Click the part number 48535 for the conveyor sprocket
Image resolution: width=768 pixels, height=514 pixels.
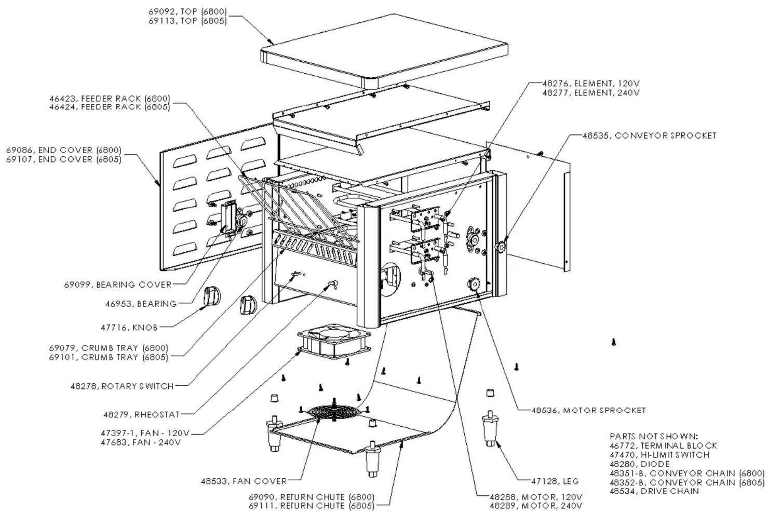point(596,136)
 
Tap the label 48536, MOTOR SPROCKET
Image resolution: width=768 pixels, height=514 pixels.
point(588,411)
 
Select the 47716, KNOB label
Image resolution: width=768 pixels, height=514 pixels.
point(129,328)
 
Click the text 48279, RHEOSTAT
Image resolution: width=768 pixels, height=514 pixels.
point(142,415)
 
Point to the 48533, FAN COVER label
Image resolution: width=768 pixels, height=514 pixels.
point(244,481)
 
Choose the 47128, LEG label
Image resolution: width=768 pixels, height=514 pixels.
point(555,481)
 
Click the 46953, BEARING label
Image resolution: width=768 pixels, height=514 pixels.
point(141,304)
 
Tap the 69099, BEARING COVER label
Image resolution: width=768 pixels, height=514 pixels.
point(118,285)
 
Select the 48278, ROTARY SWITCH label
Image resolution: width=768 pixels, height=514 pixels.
point(122,386)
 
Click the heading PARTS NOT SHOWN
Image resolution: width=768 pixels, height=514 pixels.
point(654,437)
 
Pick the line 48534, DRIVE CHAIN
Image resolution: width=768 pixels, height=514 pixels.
point(654,491)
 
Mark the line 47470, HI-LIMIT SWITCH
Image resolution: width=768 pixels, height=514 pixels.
point(659,455)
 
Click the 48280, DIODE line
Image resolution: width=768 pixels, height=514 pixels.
point(640,464)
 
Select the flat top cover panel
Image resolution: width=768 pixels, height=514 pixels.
point(384,51)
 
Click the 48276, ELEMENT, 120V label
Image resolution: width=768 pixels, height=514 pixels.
point(591,84)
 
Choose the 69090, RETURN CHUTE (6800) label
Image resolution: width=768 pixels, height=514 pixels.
point(312,497)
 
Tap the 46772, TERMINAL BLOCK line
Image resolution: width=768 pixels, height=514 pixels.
point(663,446)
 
